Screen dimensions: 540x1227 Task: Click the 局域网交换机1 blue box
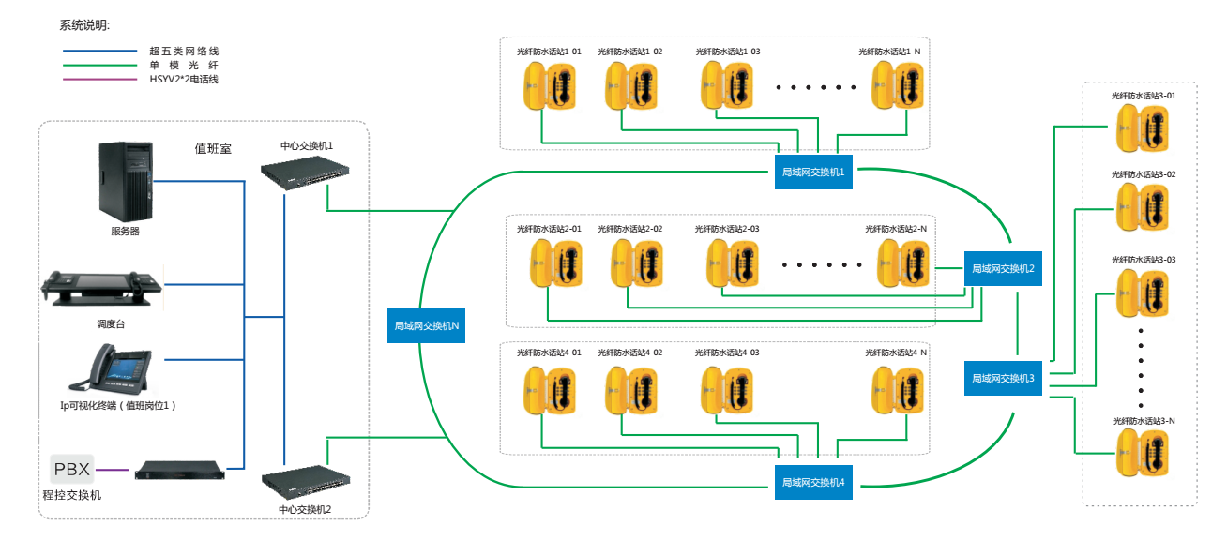tap(814, 172)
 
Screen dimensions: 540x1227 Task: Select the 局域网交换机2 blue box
tap(1003, 268)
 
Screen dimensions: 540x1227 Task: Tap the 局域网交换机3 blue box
tap(1003, 378)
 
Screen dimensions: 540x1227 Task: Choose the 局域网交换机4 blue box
tap(814, 482)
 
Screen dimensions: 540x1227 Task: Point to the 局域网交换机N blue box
tap(427, 325)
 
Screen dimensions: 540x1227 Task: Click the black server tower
tap(125, 181)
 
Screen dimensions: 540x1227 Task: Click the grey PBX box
tap(72, 468)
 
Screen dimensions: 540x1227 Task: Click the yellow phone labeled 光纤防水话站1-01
tap(550, 85)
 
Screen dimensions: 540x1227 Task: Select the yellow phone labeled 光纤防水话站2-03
tap(730, 263)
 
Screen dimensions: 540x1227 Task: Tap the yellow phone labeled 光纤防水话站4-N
tap(896, 388)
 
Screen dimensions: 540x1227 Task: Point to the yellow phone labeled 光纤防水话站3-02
tap(1143, 206)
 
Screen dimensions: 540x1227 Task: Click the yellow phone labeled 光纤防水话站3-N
tap(1143, 453)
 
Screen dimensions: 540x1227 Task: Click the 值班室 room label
tap(213, 148)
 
